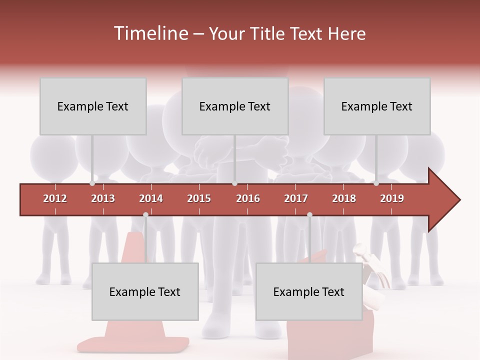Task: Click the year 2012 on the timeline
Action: pyautogui.click(x=55, y=198)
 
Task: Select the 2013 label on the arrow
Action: pyautogui.click(x=103, y=198)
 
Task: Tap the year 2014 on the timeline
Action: pyautogui.click(x=151, y=198)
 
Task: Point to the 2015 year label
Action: pyautogui.click(x=199, y=198)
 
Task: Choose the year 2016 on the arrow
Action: pyautogui.click(x=248, y=198)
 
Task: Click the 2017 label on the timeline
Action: pyautogui.click(x=296, y=198)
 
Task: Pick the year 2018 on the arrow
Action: pyautogui.click(x=344, y=198)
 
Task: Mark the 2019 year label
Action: pyautogui.click(x=392, y=198)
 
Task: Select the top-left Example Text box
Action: pyautogui.click(x=93, y=106)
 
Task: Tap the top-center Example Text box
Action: pyautogui.click(x=235, y=106)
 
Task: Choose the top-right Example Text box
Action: pyautogui.click(x=377, y=106)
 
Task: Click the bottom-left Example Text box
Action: pyautogui.click(x=145, y=291)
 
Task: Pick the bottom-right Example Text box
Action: pyautogui.click(x=309, y=291)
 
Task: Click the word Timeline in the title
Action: pyautogui.click(x=150, y=33)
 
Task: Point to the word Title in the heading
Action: pyautogui.click(x=269, y=33)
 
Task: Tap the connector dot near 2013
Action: pyautogui.click(x=92, y=183)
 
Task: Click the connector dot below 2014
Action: pyautogui.click(x=145, y=214)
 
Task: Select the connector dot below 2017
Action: pyautogui.click(x=309, y=214)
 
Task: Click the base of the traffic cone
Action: pyautogui.click(x=132, y=344)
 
